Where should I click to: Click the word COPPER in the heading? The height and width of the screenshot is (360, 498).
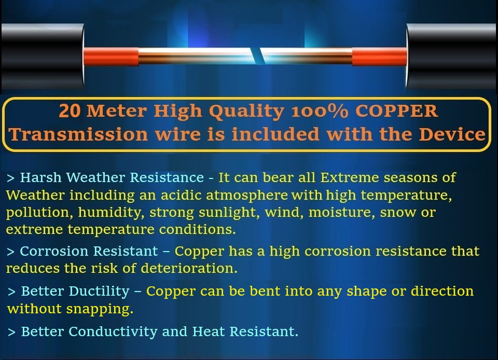click(x=397, y=111)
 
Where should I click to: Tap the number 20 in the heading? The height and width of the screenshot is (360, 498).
click(x=70, y=111)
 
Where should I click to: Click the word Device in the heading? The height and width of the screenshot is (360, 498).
click(x=452, y=134)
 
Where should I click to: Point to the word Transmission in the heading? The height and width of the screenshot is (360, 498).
click(x=78, y=134)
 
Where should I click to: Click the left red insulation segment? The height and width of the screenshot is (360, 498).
click(x=111, y=57)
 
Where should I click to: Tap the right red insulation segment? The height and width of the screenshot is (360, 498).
click(x=380, y=57)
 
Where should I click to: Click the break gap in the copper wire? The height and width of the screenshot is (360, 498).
click(x=258, y=56)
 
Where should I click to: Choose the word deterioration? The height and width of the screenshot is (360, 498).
click(x=189, y=268)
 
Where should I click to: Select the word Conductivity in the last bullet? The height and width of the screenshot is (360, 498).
click(x=113, y=332)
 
